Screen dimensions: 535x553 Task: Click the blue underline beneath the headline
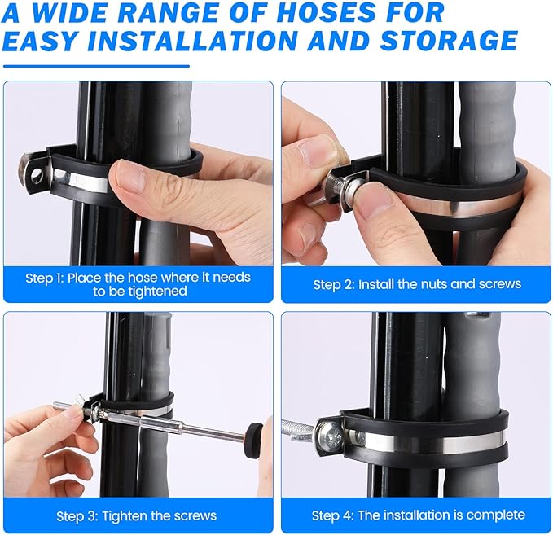pyautogui.click(x=97, y=66)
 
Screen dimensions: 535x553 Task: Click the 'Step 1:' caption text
pyautogui.click(x=45, y=278)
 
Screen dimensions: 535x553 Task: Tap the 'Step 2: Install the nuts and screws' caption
pyautogui.click(x=417, y=284)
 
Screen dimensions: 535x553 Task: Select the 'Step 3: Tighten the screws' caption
pyautogui.click(x=137, y=515)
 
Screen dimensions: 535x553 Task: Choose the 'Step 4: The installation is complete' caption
pyautogui.click(x=418, y=515)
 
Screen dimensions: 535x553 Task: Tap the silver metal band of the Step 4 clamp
pyautogui.click(x=432, y=444)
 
